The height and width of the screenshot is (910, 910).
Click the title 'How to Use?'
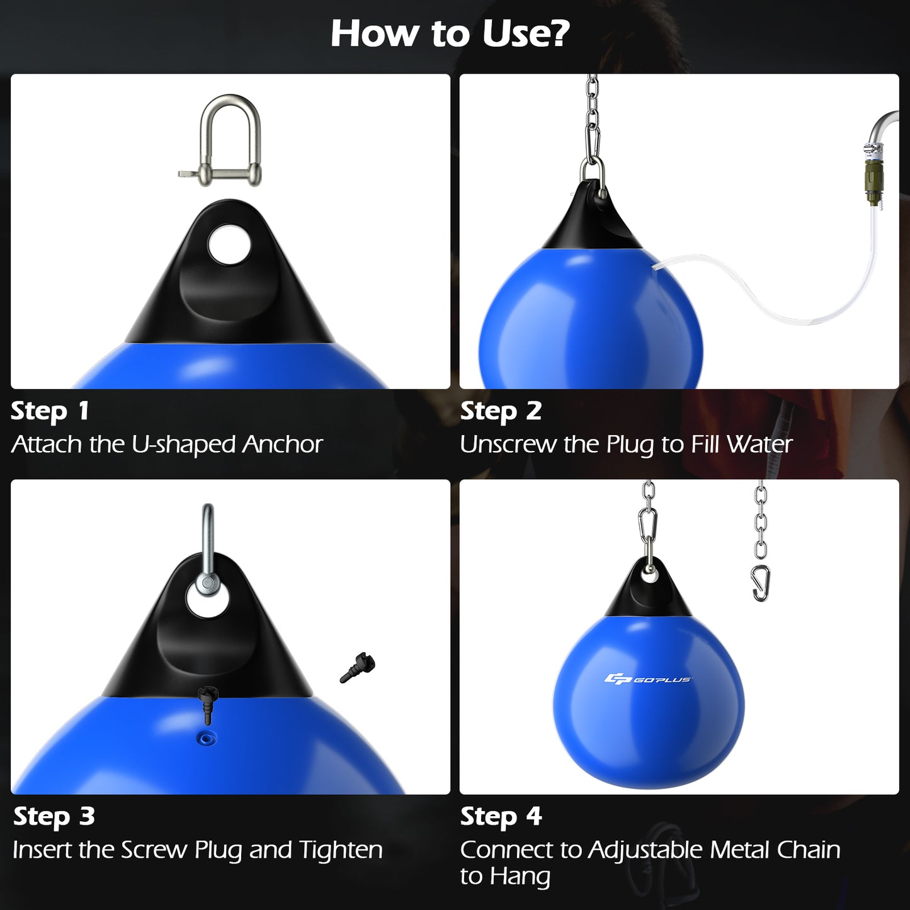click(450, 33)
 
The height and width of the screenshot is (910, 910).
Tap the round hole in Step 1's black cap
click(229, 245)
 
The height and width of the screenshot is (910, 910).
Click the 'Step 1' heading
click(50, 411)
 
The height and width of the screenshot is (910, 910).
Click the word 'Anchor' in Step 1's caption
click(283, 445)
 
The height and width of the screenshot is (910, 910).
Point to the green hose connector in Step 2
click(873, 182)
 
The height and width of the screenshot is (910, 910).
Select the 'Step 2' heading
click(501, 411)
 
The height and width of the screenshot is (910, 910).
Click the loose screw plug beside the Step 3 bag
click(358, 668)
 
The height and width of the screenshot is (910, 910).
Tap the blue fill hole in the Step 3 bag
click(207, 738)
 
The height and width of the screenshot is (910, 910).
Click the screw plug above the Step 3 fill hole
click(207, 702)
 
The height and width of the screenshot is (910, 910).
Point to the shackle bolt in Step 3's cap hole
click(207, 584)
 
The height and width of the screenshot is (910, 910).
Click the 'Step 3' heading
click(54, 817)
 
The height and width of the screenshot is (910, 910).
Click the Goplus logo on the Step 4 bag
click(648, 679)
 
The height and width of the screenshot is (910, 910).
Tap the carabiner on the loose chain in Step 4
click(761, 583)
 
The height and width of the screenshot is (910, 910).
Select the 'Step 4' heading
click(501, 817)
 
